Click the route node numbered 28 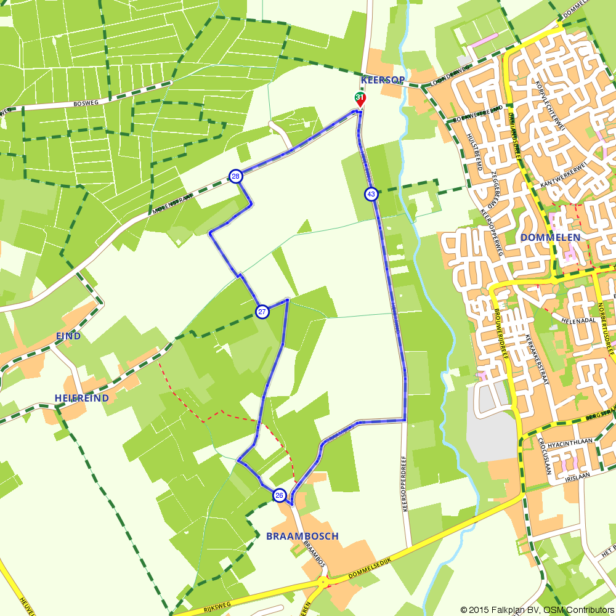[235, 177]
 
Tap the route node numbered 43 [371, 194]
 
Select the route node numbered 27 [262, 312]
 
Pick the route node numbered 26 [279, 495]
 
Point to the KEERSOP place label [383, 81]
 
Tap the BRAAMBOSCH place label [302, 536]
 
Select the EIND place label [68, 336]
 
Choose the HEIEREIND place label [81, 398]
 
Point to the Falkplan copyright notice [537, 609]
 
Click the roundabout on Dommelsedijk [322, 581]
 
